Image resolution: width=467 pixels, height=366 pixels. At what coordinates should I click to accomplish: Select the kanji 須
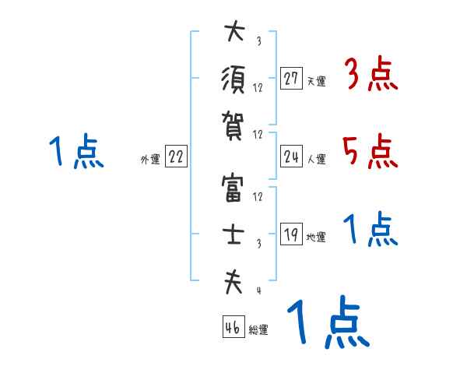pos(233,77)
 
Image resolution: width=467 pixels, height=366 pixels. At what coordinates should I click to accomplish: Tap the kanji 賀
pos(233,124)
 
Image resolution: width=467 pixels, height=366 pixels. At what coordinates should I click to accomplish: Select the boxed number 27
pos(291,78)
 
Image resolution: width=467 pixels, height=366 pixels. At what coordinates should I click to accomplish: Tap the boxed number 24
pos(291,156)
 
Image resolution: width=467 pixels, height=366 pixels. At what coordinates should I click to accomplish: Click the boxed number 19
pos(291,234)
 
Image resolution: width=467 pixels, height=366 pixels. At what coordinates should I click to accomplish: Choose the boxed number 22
pos(176,156)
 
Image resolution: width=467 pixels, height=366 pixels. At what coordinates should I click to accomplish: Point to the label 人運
pos(316,159)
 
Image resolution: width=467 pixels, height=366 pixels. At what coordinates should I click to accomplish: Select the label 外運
pos(149,159)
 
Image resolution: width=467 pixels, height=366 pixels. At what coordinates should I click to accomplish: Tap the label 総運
pos(258,330)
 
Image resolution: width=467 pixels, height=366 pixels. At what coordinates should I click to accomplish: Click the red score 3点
pos(370,76)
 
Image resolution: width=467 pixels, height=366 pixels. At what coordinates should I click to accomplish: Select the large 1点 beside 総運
pos(327,323)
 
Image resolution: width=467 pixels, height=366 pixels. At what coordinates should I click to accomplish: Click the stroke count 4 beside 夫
pos(258,291)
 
